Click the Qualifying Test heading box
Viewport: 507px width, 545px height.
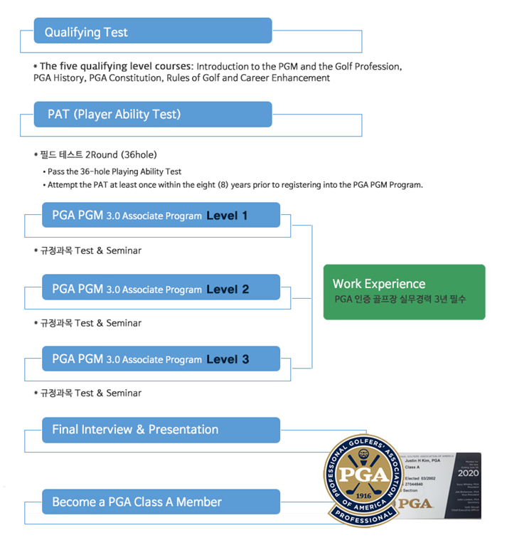pos(153,31)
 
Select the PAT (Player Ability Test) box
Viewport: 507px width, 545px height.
pos(153,114)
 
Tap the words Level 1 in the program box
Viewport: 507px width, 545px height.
pos(227,216)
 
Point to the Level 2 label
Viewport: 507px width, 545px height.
pos(228,289)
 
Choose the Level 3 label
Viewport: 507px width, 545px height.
pos(228,359)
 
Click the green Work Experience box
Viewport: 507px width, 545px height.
pos(404,292)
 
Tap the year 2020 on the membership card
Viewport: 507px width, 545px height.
pos(469,472)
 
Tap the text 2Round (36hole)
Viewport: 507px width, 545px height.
pos(122,154)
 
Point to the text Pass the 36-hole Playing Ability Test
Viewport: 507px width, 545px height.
pos(114,171)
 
